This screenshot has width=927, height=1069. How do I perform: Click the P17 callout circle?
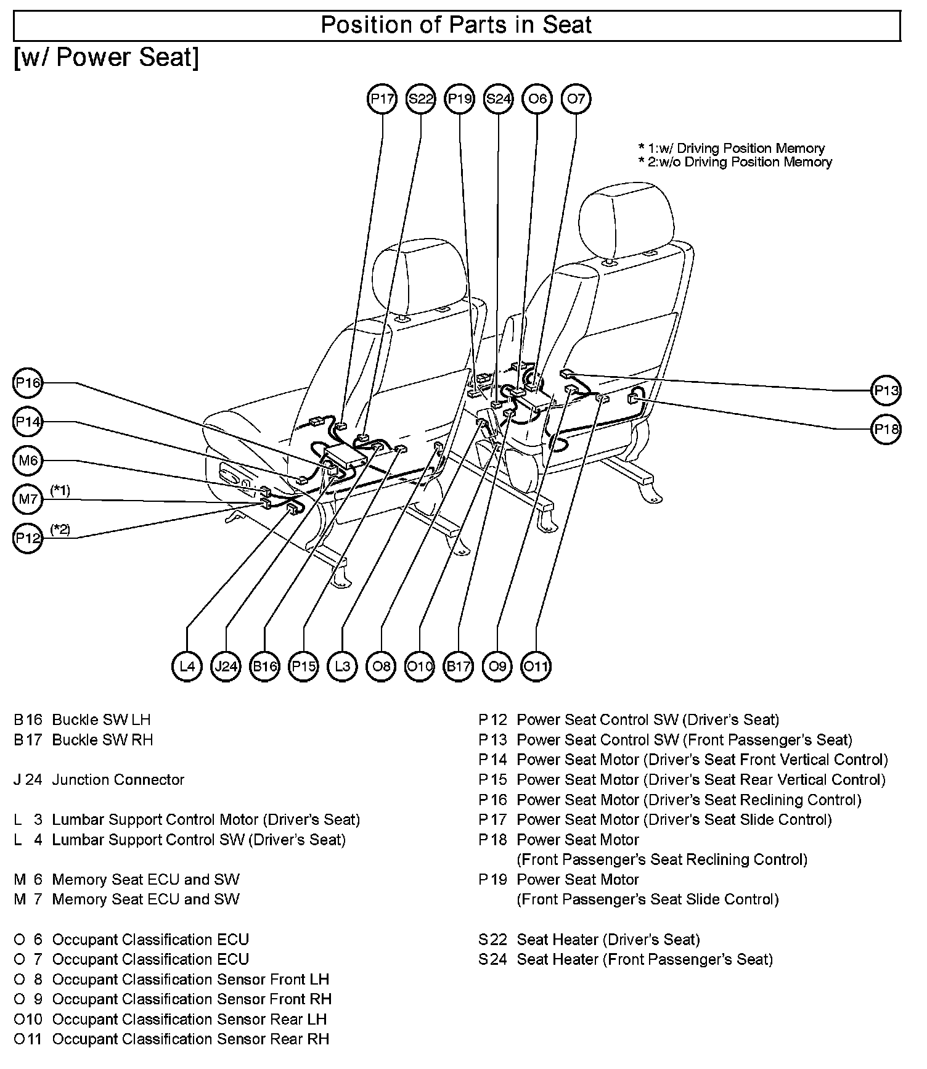(382, 99)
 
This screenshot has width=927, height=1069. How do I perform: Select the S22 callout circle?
(421, 99)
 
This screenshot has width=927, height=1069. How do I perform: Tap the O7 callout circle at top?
(576, 99)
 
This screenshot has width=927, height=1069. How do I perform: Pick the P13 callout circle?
(887, 390)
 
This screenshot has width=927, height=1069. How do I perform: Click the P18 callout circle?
(887, 429)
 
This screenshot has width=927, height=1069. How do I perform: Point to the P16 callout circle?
(28, 383)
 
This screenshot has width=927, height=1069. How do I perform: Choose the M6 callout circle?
(28, 461)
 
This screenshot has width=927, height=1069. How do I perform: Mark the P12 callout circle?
(28, 538)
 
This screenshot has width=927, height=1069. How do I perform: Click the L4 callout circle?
(187, 666)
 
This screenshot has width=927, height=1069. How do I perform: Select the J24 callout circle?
(226, 666)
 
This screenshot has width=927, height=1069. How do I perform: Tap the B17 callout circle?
(459, 666)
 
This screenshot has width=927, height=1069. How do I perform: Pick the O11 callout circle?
(536, 666)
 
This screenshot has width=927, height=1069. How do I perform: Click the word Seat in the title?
(566, 25)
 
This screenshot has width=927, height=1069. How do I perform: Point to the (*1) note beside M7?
(60, 490)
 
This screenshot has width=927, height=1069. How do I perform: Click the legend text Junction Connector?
(118, 780)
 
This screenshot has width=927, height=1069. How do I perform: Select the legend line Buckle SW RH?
(102, 740)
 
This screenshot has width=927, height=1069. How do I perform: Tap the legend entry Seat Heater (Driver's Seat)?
(608, 940)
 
